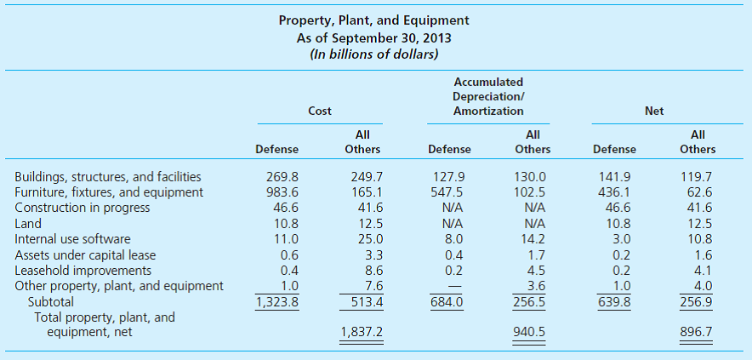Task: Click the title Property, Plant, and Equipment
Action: click(x=374, y=20)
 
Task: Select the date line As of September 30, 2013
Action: click(x=374, y=37)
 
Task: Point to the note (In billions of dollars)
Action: click(x=374, y=55)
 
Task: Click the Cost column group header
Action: click(x=320, y=111)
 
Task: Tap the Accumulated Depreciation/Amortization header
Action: click(x=488, y=96)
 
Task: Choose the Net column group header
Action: click(x=654, y=111)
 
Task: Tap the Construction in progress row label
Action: click(x=83, y=208)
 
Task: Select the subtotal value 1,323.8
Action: click(x=277, y=301)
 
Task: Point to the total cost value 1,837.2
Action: click(x=362, y=333)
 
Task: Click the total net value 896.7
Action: click(x=697, y=333)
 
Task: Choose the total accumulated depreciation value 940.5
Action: click(x=533, y=333)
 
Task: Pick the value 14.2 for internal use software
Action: click(x=536, y=239)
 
